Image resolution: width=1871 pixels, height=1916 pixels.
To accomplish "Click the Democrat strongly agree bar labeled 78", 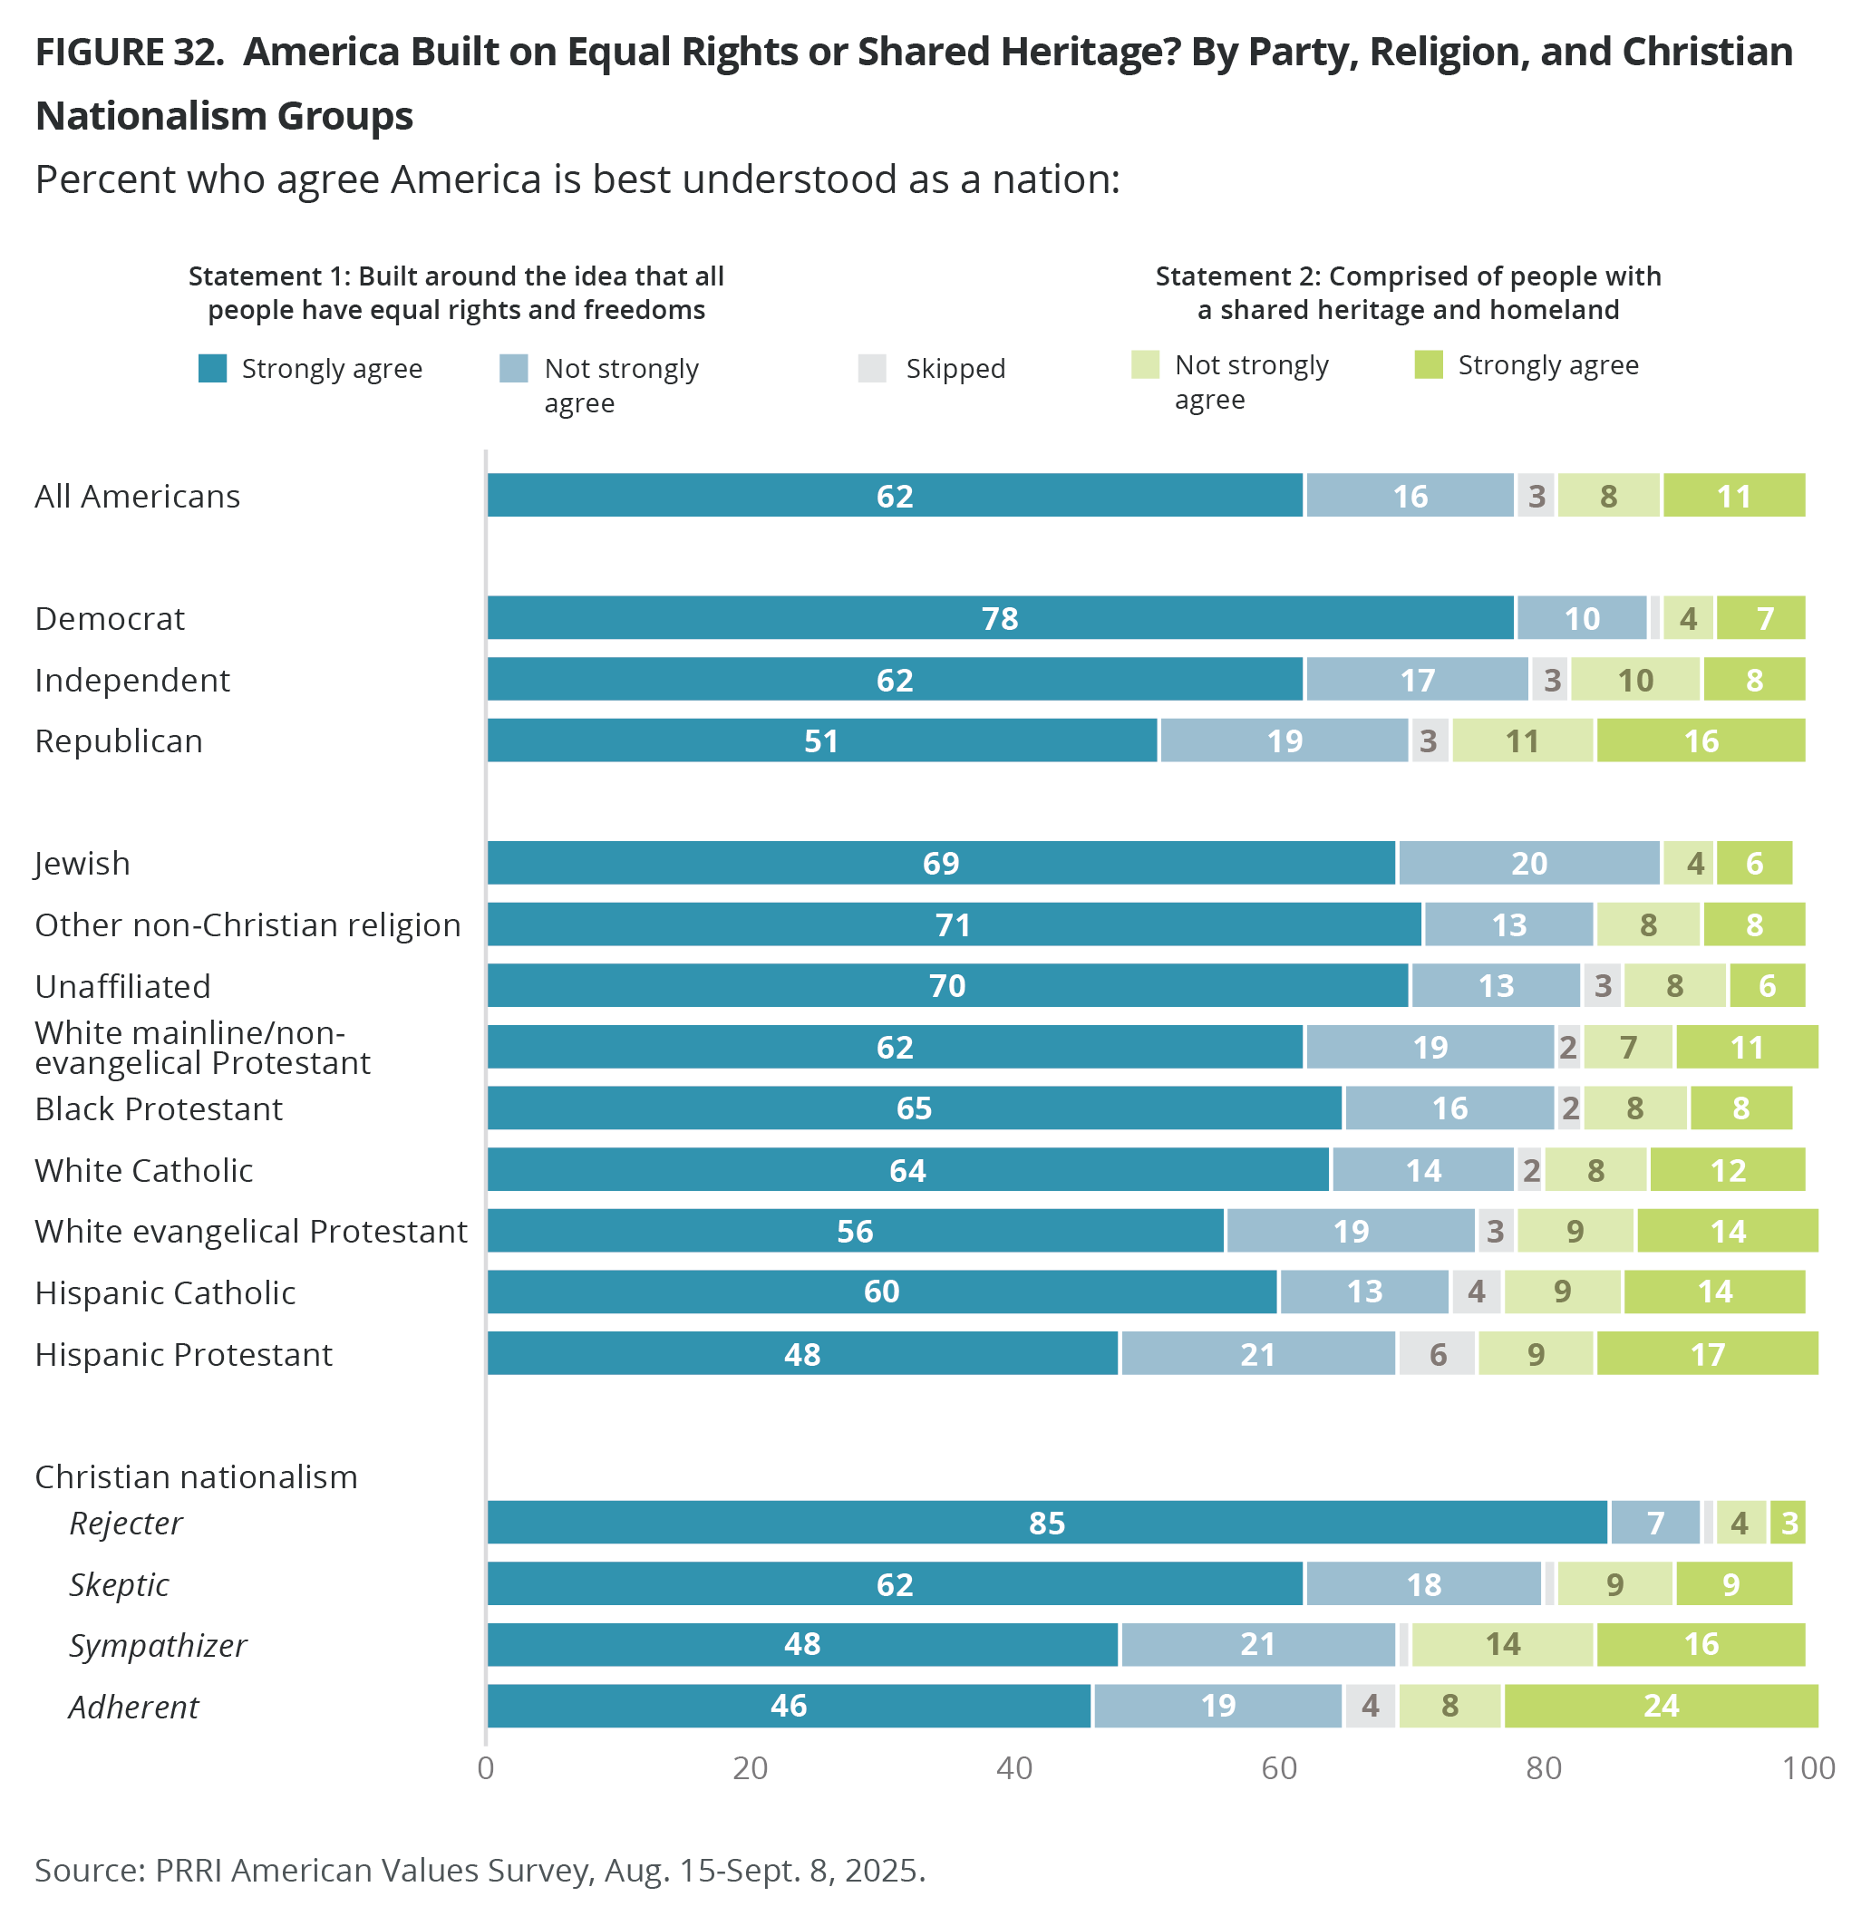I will [x=1001, y=618].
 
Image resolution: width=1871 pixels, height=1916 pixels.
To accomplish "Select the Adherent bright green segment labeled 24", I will [x=1661, y=1705].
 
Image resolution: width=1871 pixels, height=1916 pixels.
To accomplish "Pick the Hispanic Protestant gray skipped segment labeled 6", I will [x=1437, y=1354].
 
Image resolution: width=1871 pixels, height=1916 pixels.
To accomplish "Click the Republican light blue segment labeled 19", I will [x=1284, y=740].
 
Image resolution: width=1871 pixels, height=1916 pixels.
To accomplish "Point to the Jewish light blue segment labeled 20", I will [x=1529, y=863].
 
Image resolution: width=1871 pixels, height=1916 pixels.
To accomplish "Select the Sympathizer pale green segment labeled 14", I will [x=1502, y=1644].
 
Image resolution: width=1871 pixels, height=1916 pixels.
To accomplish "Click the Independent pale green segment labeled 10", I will [x=1635, y=679].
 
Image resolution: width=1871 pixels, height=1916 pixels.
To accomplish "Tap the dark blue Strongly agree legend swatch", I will [x=212, y=369].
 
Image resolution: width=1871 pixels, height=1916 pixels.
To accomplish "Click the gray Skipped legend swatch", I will [x=872, y=369].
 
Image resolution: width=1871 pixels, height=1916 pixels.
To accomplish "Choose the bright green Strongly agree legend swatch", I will [x=1428, y=364].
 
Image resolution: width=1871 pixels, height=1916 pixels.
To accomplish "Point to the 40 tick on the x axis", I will [x=1014, y=1767].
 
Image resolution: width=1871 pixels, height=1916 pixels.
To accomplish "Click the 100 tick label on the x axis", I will [x=1808, y=1767].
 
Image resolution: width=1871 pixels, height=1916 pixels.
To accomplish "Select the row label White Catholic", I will [x=143, y=1170].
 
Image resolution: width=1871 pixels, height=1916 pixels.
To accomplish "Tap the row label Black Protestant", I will [x=159, y=1108].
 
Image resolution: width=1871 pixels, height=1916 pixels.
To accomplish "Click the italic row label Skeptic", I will [x=119, y=1584].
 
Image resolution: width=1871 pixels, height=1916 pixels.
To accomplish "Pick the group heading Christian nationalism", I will [x=196, y=1476].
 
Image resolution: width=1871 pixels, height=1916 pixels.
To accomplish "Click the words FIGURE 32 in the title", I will [x=129, y=52].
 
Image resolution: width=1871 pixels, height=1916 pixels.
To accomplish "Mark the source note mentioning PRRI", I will [x=480, y=1869].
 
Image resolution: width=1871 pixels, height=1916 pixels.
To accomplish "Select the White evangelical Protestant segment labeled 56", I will [x=855, y=1231].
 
